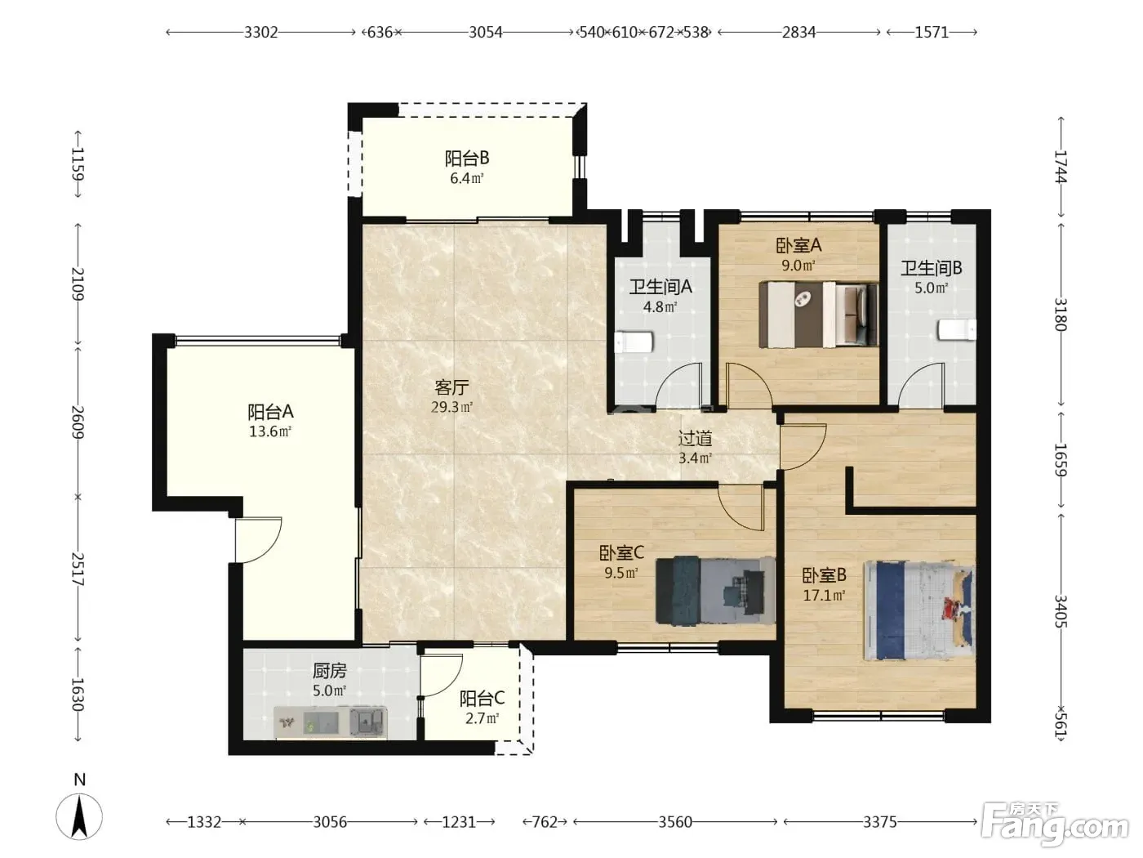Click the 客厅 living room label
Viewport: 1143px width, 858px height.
(451, 387)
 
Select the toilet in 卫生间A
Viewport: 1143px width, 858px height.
(634, 342)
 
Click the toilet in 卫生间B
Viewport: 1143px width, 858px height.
(957, 330)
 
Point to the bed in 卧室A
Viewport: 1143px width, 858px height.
(819, 314)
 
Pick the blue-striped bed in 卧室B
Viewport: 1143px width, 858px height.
(919, 610)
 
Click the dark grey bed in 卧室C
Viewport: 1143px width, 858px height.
(715, 590)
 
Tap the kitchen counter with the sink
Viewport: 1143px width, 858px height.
(330, 722)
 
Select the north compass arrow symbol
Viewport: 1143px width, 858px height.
(79, 817)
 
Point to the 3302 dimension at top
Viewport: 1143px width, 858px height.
(261, 33)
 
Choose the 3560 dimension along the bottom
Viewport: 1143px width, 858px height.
(675, 822)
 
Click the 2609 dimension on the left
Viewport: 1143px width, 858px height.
(78, 422)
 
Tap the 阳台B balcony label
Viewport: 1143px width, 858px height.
(466, 159)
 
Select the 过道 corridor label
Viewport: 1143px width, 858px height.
(695, 439)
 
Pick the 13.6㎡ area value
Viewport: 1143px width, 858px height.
(269, 432)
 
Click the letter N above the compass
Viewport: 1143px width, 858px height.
(80, 780)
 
